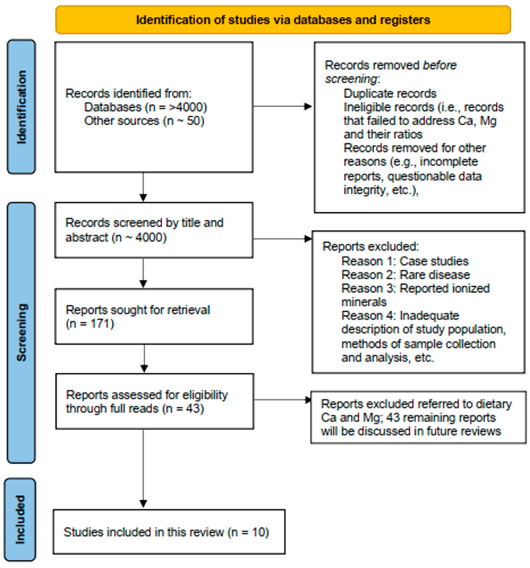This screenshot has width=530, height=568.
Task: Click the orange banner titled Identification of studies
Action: pyautogui.click(x=283, y=20)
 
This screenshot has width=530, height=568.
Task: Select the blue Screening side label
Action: pyautogui.click(x=21, y=332)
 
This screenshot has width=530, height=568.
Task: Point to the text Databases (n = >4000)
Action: pyautogui.click(x=145, y=107)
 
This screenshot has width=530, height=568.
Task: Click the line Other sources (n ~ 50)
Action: pyautogui.click(x=144, y=121)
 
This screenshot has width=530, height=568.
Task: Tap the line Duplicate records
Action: pyautogui.click(x=390, y=94)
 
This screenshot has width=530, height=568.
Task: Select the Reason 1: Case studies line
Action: pyautogui.click(x=405, y=261)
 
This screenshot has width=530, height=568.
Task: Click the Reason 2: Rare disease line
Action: pyautogui.click(x=405, y=275)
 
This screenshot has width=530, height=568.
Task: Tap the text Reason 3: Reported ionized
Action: pyautogui.click(x=415, y=289)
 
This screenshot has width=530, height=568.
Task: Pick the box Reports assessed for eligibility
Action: pyautogui.click(x=154, y=401)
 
